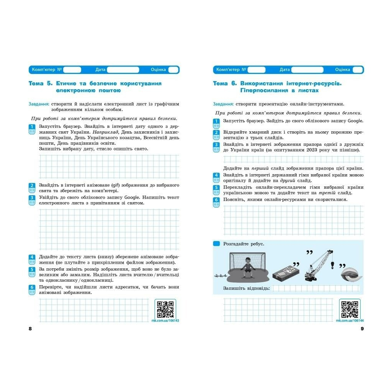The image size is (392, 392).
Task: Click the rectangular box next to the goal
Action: click(x=285, y=273)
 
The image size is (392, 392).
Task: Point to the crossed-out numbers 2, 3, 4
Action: click(x=221, y=275)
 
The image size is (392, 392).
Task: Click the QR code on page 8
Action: click(x=165, y=309)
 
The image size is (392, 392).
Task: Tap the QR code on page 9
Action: click(x=350, y=309)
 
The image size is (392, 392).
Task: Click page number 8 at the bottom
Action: click(x=30, y=329)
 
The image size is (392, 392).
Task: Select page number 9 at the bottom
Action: click(x=362, y=329)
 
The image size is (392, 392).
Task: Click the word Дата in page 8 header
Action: click(x=100, y=70)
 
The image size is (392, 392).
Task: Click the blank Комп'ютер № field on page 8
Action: click(x=72, y=70)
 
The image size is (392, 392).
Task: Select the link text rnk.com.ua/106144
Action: click(x=350, y=320)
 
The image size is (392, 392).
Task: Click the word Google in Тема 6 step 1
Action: click(x=355, y=121)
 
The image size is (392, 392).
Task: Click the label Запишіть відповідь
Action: click(x=246, y=288)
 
